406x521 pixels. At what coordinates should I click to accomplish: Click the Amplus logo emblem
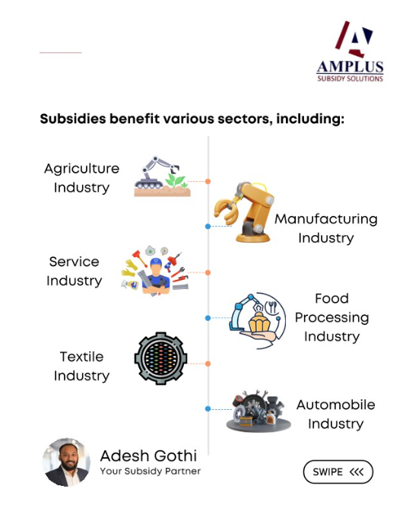[354, 40]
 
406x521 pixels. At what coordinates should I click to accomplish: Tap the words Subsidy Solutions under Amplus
[350, 78]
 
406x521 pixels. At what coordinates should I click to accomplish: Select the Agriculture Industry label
[81, 178]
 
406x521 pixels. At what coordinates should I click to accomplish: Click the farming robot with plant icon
[162, 176]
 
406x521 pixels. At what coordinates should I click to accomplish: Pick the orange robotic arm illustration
[245, 212]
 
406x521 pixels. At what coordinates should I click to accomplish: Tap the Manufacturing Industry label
[326, 228]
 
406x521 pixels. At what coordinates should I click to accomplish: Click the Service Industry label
[74, 271]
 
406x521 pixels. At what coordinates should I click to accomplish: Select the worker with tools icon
[155, 271]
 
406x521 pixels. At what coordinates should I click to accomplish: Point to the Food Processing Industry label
[332, 317]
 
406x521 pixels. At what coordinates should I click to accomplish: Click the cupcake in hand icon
[258, 320]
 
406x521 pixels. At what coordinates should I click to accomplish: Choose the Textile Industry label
[81, 366]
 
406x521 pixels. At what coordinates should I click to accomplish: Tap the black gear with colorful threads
[161, 358]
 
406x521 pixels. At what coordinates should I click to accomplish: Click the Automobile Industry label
[336, 414]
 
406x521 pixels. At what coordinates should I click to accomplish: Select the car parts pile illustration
[259, 411]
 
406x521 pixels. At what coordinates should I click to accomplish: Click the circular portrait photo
[66, 462]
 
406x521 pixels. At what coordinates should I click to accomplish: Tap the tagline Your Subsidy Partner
[151, 471]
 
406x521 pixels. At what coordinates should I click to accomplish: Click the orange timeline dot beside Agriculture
[208, 182]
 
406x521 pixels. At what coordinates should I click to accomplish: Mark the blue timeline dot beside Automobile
[208, 408]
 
